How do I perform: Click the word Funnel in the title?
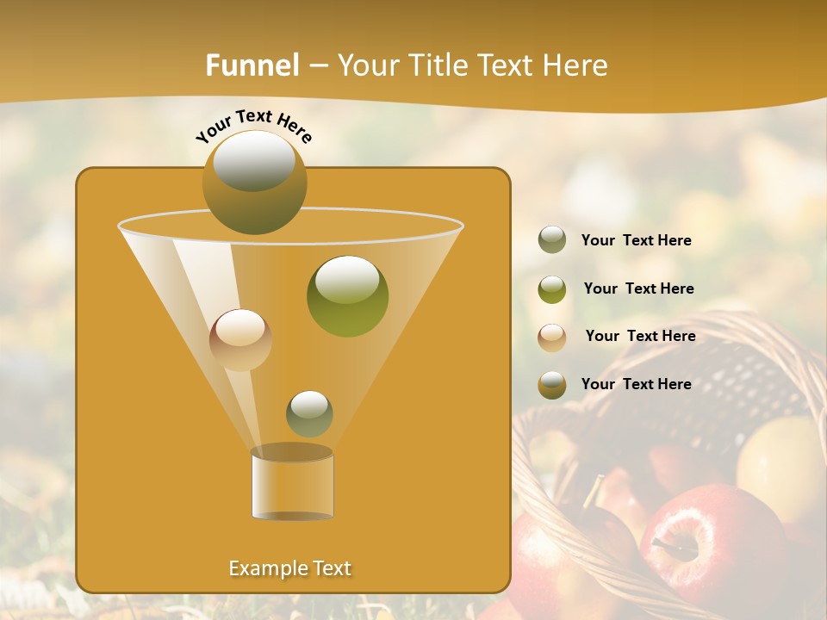[x=252, y=65]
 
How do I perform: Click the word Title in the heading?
[x=438, y=65]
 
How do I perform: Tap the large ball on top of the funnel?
[x=254, y=182]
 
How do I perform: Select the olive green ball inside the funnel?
[x=347, y=295]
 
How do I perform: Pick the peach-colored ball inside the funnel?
[x=240, y=339]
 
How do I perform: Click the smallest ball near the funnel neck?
[x=309, y=413]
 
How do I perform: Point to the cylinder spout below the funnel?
[x=292, y=485]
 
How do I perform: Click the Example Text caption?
[x=289, y=568]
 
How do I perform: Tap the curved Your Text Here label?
[x=253, y=125]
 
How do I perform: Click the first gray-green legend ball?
[x=552, y=239]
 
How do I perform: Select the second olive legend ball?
[x=552, y=289]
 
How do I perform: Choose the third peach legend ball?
[x=552, y=337]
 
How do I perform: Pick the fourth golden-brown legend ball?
[x=552, y=385]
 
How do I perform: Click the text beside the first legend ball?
[x=636, y=240]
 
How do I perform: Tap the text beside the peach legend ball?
[x=640, y=336]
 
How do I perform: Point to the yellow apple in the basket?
[x=780, y=465]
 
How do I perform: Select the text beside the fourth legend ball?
[x=636, y=384]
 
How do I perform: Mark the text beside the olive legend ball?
[x=638, y=288]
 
